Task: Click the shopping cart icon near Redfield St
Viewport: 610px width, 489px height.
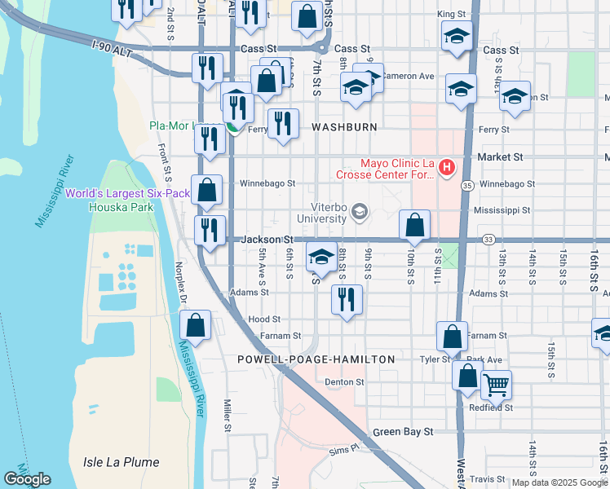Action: (496, 384)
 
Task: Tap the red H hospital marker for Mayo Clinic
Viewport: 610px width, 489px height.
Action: (446, 169)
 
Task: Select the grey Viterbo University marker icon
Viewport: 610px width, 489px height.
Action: (358, 214)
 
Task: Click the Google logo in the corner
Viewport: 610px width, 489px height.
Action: (27, 479)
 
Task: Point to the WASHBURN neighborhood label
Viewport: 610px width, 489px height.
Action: (344, 128)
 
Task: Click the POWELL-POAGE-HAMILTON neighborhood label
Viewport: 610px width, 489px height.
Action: (316, 359)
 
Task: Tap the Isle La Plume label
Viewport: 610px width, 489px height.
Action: (115, 462)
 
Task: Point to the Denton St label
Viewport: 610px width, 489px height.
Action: (343, 381)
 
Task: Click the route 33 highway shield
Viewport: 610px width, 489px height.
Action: (488, 240)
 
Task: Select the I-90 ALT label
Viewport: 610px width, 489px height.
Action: (111, 50)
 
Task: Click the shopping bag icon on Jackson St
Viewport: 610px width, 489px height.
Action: (414, 224)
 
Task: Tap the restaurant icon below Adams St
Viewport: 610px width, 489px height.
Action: (347, 299)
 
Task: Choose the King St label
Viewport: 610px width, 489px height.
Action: (450, 15)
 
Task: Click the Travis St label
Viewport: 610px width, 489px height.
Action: (488, 479)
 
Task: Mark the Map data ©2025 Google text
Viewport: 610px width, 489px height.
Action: (559, 482)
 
